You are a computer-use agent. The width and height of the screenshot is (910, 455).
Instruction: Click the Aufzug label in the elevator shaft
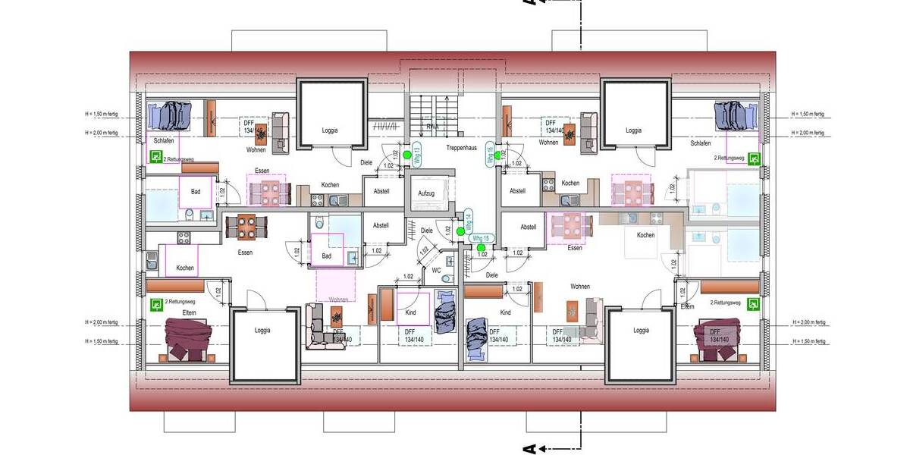pos(426,193)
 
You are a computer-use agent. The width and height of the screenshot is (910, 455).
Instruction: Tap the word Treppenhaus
pos(461,148)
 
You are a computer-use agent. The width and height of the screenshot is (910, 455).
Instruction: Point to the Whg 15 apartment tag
pos(479,239)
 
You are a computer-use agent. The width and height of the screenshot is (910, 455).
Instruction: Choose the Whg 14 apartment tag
pos(468,222)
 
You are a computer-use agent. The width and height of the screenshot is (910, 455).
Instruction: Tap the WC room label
pos(436,269)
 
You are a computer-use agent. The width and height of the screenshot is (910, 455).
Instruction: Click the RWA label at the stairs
pos(433,127)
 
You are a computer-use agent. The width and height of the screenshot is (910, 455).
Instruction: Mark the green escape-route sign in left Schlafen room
pos(156,157)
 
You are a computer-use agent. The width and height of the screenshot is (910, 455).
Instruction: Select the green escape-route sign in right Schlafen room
pos(754,158)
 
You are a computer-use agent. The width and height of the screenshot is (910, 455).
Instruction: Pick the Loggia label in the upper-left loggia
pos(330,130)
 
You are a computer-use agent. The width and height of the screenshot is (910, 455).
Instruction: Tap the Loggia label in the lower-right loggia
pos(642,331)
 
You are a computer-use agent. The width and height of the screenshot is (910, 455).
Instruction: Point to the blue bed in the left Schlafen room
pos(174,116)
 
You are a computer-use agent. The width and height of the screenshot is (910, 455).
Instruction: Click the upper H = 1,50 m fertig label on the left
pos(102,115)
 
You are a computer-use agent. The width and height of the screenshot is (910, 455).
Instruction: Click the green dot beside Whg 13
pos(407,155)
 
